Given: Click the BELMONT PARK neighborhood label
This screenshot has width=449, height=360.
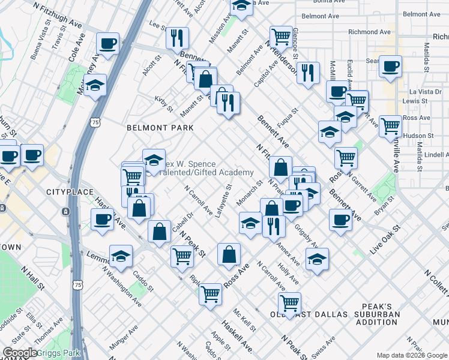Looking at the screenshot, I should tap(160, 128).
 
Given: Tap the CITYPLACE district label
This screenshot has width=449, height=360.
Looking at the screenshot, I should tap(70, 192).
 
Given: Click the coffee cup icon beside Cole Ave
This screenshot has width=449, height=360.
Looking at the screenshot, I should tap(108, 43).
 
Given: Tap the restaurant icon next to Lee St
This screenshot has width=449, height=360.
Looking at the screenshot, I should tap(177, 38).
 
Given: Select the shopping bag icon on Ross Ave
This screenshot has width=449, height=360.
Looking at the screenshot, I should tap(229, 254).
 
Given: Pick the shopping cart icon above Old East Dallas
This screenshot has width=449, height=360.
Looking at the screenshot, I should tap(290, 302).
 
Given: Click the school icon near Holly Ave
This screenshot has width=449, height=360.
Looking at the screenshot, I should tap(317, 259).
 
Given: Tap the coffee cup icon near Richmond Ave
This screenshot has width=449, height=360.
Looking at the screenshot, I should tap(391, 67).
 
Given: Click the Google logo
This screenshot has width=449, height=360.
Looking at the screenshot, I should tap(20, 353).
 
